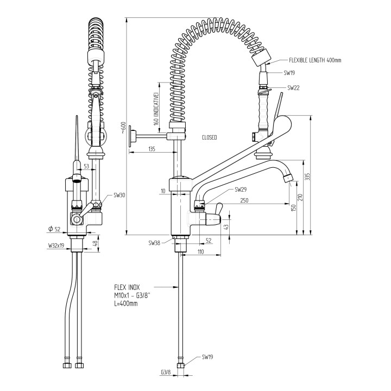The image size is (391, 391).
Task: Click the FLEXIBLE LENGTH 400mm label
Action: click(x=315, y=60)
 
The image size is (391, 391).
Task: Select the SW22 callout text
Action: click(x=294, y=87)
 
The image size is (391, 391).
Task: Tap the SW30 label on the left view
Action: click(x=119, y=195)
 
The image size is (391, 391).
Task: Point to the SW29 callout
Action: click(x=241, y=190)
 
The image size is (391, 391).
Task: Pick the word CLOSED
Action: click(x=209, y=137)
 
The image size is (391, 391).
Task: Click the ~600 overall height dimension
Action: click(x=124, y=129)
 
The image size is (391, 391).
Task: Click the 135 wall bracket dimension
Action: click(x=152, y=149)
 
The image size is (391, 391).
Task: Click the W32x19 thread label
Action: click(x=56, y=245)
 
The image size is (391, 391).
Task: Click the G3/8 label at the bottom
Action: click(x=166, y=373)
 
